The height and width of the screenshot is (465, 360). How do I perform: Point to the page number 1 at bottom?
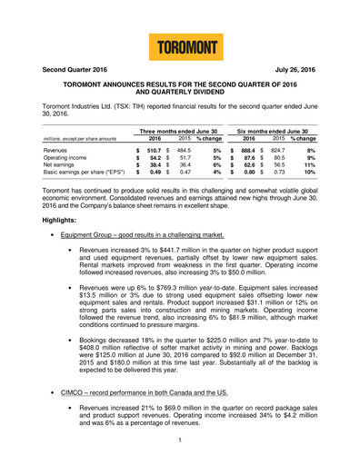click(x=180, y=440)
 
